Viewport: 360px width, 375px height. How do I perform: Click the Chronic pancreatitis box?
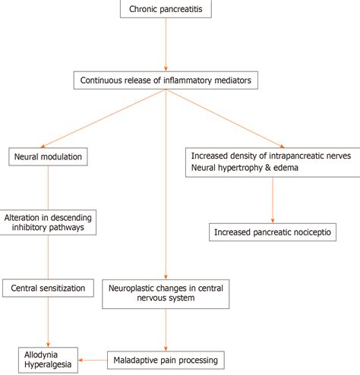tap(165, 10)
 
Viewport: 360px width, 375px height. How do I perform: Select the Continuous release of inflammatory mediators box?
tap(164, 78)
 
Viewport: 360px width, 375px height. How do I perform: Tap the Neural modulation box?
tap(46, 158)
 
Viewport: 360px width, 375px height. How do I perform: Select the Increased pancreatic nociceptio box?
tap(272, 232)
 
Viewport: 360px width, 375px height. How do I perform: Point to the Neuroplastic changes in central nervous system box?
tap(165, 293)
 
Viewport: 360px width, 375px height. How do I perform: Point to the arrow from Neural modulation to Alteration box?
tap(49, 187)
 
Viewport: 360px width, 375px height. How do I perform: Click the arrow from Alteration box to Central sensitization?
tap(49, 257)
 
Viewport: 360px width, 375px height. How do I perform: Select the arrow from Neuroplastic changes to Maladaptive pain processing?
tap(165, 328)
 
